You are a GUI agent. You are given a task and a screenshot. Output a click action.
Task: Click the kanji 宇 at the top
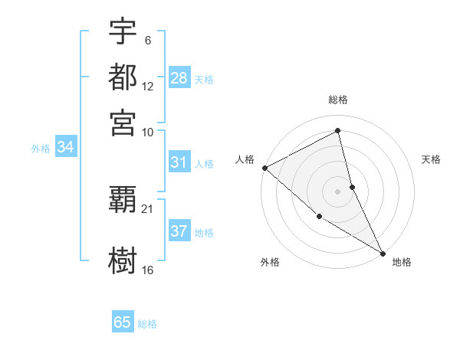123,32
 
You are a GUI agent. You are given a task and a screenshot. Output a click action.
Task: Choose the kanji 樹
123,259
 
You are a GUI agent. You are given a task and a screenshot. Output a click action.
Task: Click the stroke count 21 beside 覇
148,208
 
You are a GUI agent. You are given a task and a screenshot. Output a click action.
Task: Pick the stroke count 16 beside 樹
148,270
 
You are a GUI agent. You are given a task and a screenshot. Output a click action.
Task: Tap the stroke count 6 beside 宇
147,40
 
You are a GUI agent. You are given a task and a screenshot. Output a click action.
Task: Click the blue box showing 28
179,77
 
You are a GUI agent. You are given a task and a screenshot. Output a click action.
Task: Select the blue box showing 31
179,162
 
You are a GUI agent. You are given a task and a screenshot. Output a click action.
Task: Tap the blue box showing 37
179,231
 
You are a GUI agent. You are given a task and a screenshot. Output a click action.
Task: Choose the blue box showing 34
65,147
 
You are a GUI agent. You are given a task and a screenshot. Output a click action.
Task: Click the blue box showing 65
123,322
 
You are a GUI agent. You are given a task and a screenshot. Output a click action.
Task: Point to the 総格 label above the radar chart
338,100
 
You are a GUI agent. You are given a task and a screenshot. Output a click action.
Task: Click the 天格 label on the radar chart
431,159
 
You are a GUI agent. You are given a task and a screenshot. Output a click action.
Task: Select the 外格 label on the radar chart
270,262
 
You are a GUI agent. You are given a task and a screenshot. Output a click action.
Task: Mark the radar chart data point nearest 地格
383,252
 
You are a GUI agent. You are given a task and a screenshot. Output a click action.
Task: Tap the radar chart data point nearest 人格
264,168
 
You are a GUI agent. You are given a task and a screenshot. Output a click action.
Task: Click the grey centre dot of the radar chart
338,191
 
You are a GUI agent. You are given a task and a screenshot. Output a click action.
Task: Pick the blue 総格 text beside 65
147,324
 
